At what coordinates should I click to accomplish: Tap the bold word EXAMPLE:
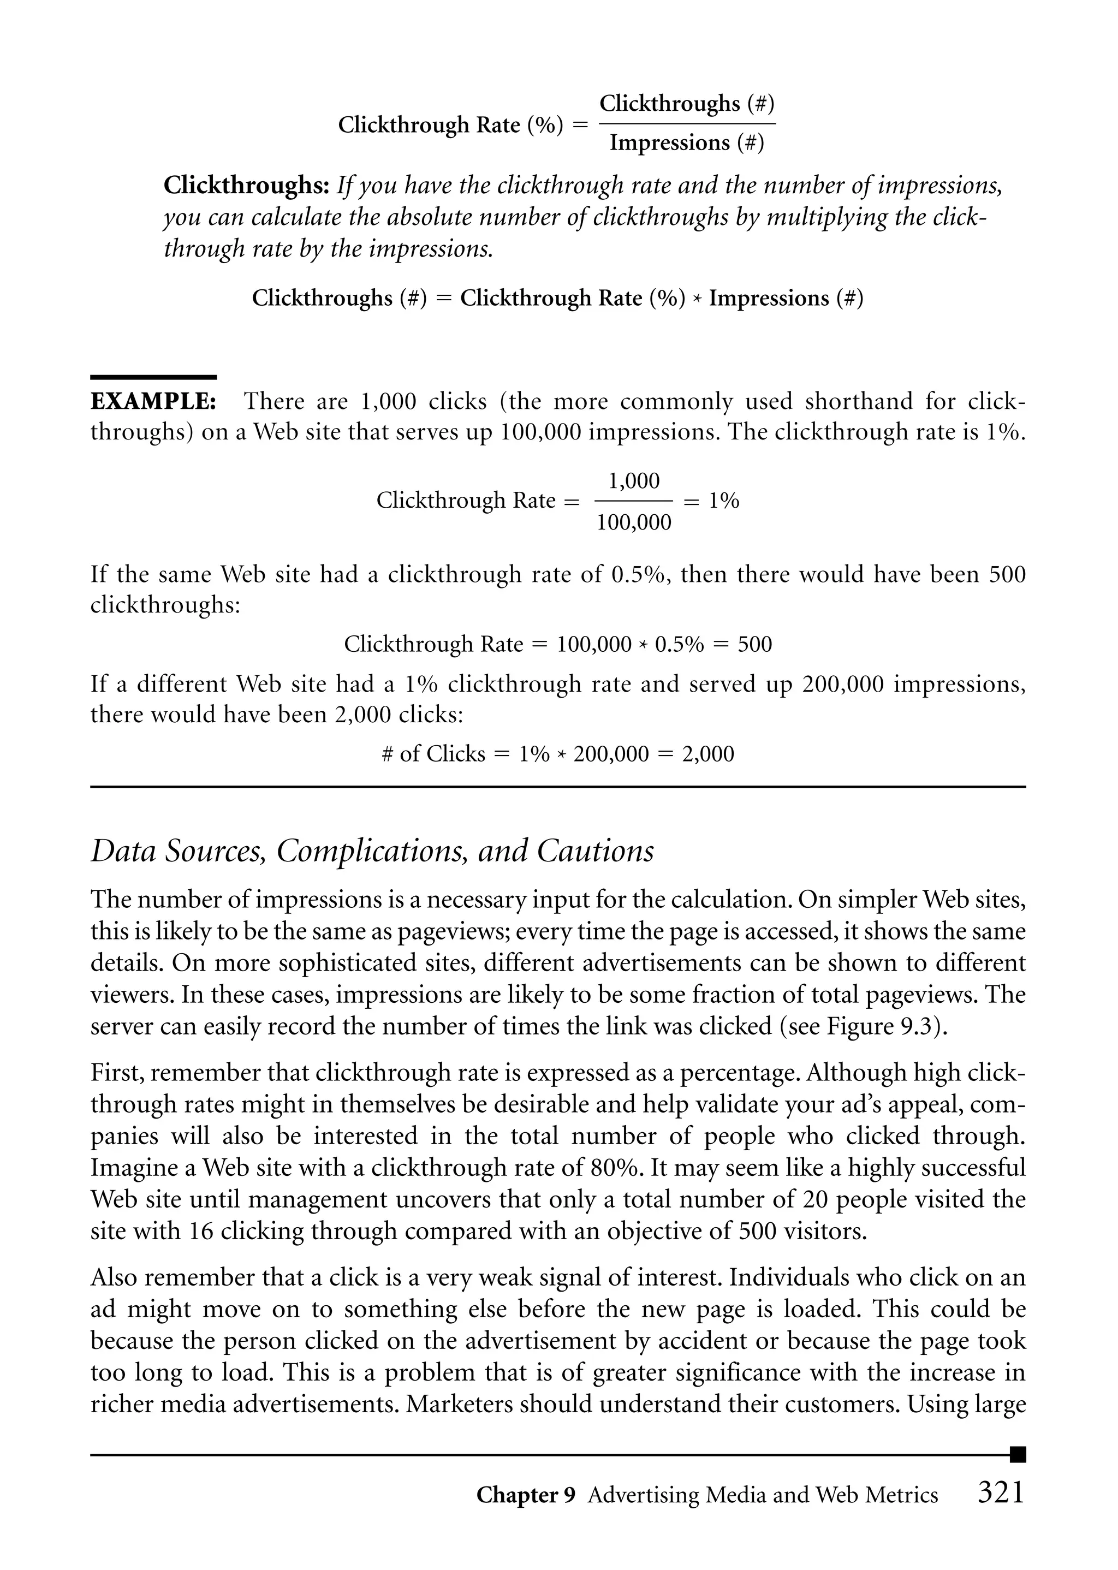(x=153, y=401)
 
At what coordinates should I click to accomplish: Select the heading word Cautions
(x=596, y=852)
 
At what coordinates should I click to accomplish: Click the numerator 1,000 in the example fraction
(x=633, y=481)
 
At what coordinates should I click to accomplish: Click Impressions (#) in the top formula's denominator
(x=686, y=143)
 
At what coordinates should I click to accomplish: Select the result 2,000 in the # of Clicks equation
(x=707, y=754)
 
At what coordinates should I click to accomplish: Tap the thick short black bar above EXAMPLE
(x=153, y=377)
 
